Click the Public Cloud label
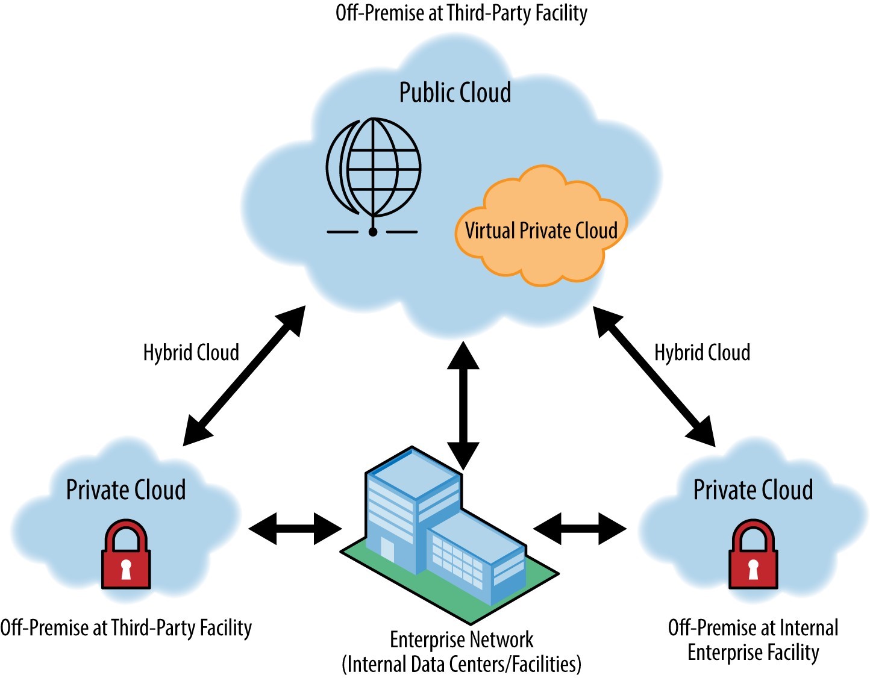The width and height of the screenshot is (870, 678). (x=455, y=93)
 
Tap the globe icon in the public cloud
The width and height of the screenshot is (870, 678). (x=374, y=169)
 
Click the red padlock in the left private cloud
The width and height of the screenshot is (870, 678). (x=126, y=555)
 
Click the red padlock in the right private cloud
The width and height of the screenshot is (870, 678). (x=753, y=555)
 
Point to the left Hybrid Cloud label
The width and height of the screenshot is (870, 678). (x=191, y=352)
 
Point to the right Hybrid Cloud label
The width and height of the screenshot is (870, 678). (x=702, y=352)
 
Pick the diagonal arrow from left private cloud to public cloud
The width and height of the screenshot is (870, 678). (x=244, y=376)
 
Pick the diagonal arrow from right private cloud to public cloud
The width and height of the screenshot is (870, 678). (x=654, y=376)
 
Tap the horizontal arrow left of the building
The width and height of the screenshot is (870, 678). (x=295, y=529)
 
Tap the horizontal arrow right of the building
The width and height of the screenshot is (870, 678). (x=580, y=529)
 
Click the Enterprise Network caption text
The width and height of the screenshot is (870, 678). (x=462, y=639)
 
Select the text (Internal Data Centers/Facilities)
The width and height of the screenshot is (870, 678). (x=462, y=664)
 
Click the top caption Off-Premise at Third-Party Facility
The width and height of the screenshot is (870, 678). (x=462, y=13)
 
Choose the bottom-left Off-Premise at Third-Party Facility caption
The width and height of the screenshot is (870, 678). (x=126, y=628)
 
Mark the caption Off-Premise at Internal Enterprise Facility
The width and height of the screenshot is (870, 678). (x=753, y=640)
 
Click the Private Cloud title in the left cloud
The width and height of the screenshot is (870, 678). (x=126, y=490)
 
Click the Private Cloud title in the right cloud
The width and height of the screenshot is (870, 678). (x=753, y=490)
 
